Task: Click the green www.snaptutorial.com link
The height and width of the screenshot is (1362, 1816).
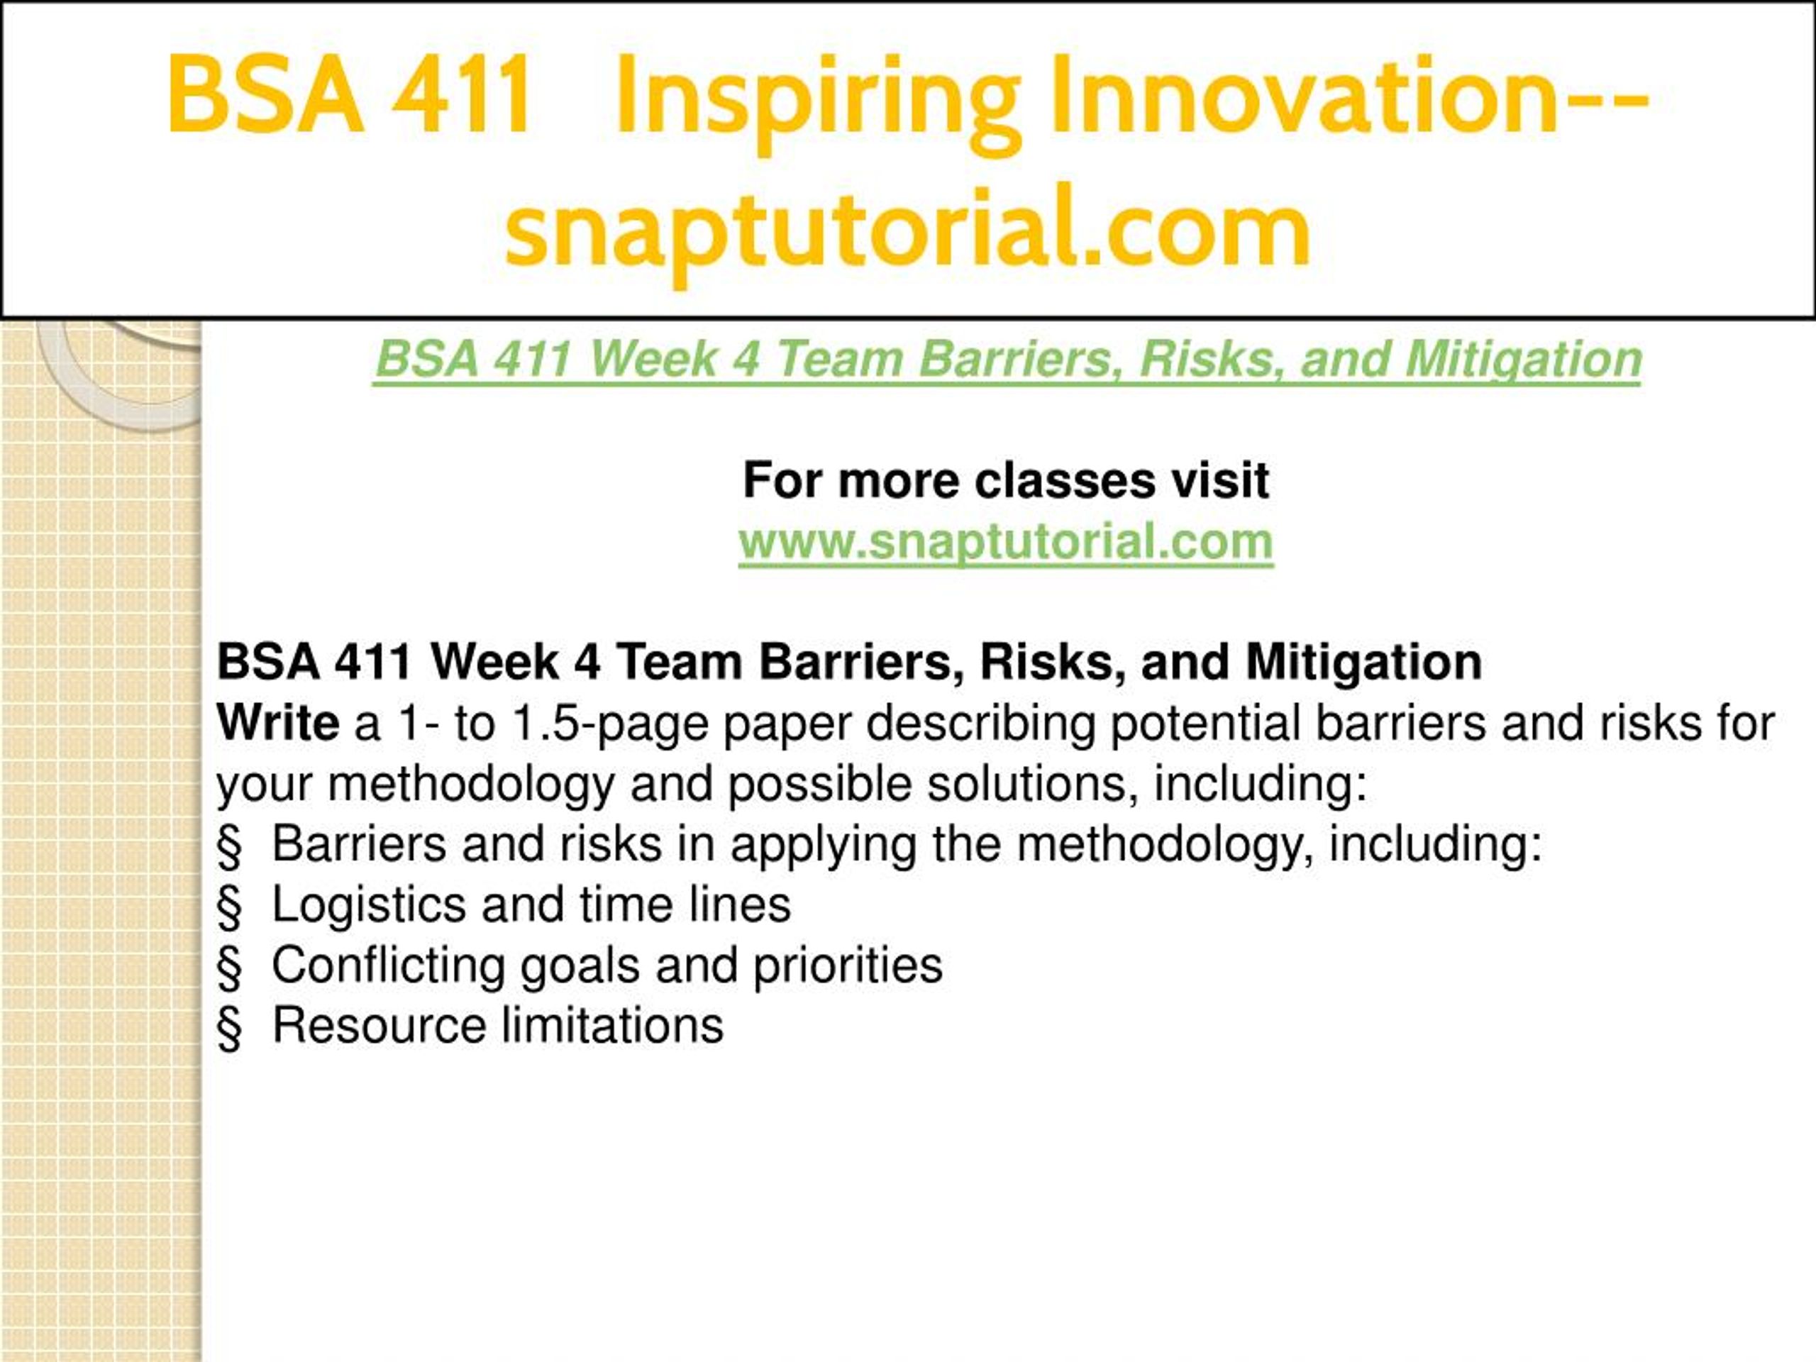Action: [1006, 542]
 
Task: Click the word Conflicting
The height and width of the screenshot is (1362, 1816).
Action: [387, 966]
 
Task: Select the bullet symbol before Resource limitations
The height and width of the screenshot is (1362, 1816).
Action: [230, 1029]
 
